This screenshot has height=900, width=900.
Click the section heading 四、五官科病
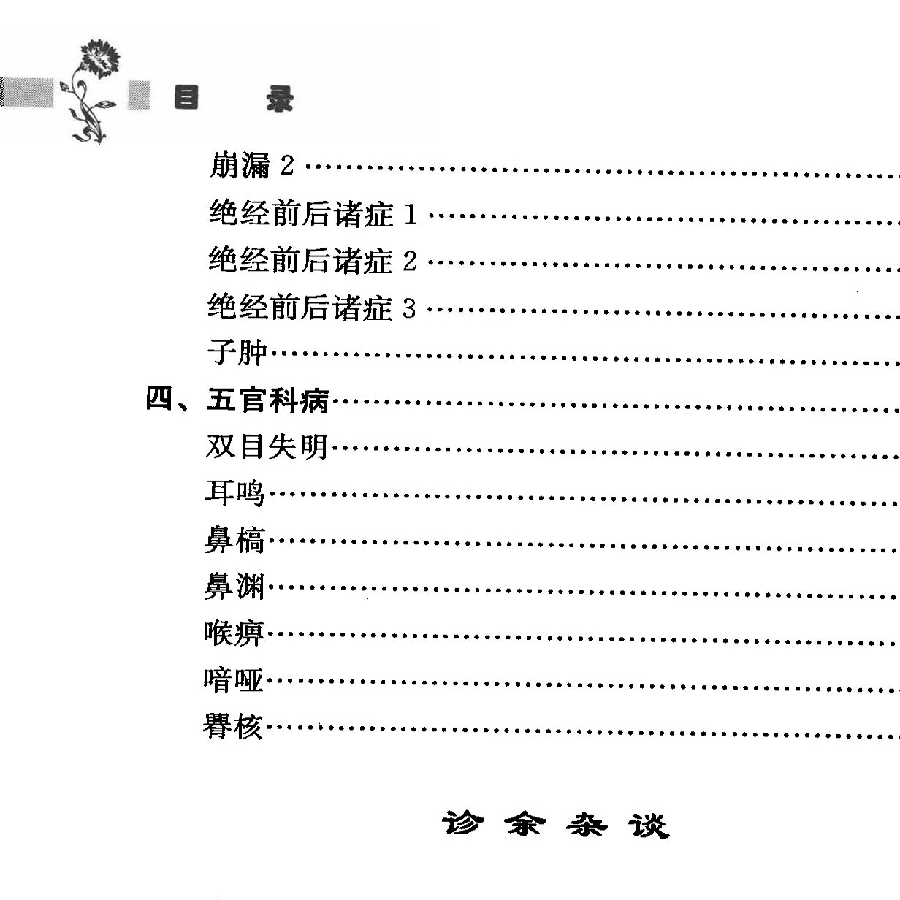coord(238,400)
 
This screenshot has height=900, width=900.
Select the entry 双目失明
coord(267,447)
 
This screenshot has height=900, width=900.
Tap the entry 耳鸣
coord(234,493)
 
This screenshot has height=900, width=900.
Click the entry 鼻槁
coord(234,541)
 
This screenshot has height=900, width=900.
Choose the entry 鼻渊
coord(234,587)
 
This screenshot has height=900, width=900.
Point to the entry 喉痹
coord(234,633)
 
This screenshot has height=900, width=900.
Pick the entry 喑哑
coord(233,680)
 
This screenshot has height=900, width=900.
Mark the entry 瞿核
coord(232,727)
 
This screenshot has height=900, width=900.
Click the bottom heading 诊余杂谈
coord(554,825)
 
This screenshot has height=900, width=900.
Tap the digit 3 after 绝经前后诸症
coord(409,308)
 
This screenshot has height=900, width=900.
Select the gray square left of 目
coord(139,96)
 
